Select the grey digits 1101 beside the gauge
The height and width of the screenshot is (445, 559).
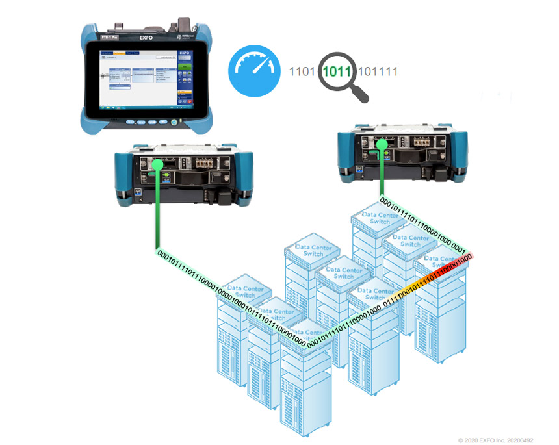click(x=302, y=71)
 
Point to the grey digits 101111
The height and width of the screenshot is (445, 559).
click(x=378, y=71)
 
